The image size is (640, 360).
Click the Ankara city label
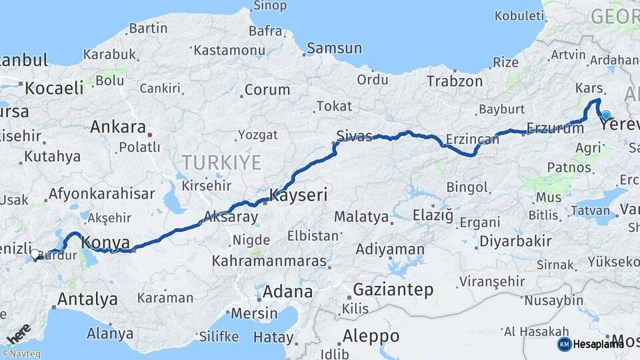[x=118, y=127]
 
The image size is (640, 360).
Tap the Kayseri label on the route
[x=298, y=195]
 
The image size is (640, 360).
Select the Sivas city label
[x=354, y=135]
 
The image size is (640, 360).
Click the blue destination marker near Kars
[x=605, y=115]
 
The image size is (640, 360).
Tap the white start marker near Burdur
[x=35, y=253]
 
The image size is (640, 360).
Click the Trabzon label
[x=455, y=81]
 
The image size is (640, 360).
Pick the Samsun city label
[x=334, y=49]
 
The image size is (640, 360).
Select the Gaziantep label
[x=393, y=290]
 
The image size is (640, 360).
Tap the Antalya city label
[x=87, y=299]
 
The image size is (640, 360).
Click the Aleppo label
[x=369, y=335]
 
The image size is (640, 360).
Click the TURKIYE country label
[x=221, y=161]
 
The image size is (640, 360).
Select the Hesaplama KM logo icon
[x=564, y=344]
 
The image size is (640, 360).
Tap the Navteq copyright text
[x=21, y=354]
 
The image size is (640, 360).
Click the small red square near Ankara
[x=150, y=135]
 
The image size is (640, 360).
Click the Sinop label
[x=270, y=7]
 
